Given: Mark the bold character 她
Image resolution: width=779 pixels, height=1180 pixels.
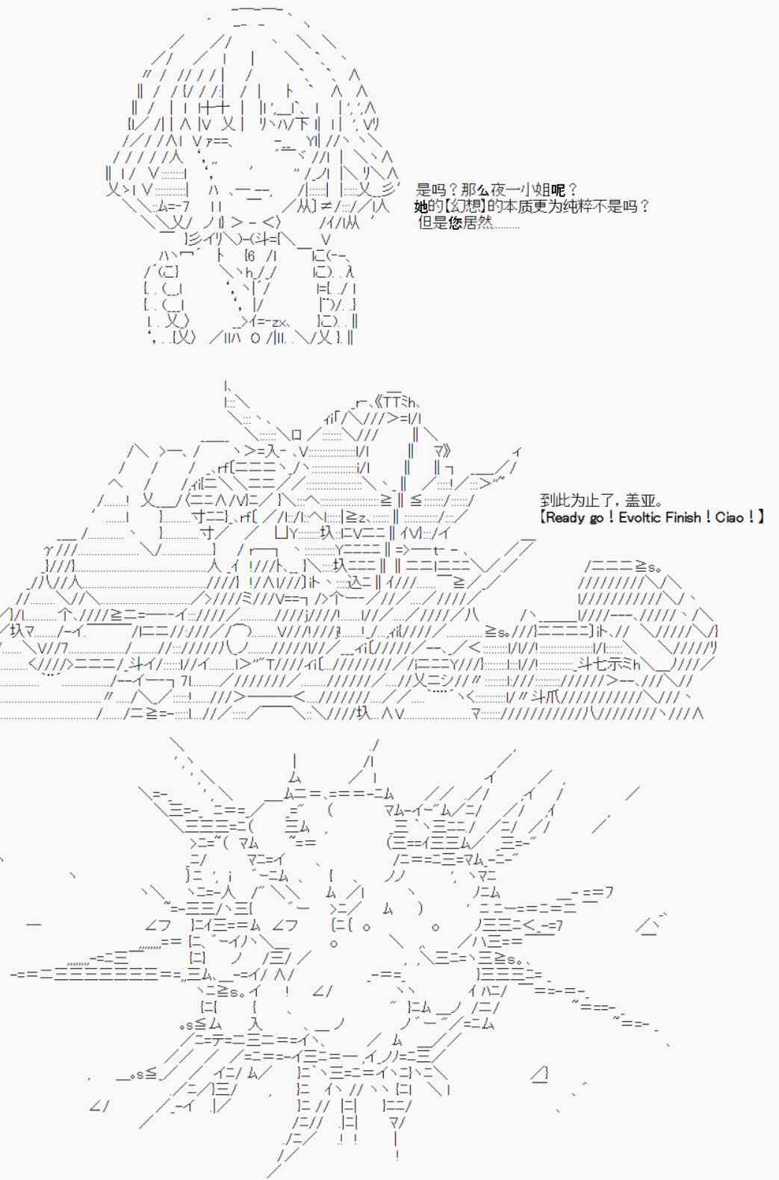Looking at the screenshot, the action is tap(421, 206).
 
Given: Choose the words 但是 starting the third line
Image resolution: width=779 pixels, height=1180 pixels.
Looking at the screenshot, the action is tap(432, 223).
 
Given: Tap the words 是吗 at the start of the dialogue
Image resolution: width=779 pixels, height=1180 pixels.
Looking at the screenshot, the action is tap(430, 190).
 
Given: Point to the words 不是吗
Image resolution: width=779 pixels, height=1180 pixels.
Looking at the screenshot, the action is tap(615, 206).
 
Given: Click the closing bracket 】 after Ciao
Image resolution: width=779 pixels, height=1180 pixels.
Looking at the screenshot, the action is tap(760, 517).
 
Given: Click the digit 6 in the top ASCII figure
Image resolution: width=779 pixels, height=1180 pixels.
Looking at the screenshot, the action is tap(251, 256).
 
